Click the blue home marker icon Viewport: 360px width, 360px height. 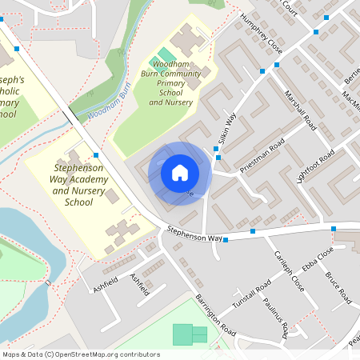coord(180,172)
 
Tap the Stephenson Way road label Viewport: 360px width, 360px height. coord(194,233)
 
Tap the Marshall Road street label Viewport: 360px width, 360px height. coord(300,110)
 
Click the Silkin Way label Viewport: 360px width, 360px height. coord(229,127)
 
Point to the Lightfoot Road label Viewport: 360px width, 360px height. coord(315,165)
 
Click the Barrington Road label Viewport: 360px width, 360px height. coord(216,314)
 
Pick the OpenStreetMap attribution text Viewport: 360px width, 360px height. coord(81,354)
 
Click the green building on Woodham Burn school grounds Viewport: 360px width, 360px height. coord(166,57)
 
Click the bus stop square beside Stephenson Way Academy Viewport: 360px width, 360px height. coord(96,154)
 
